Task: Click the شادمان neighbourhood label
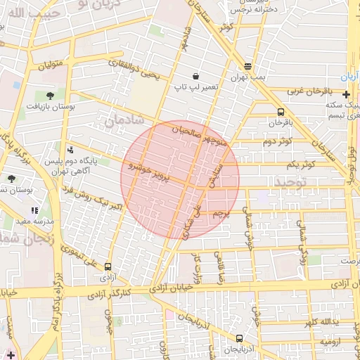coord(124,120)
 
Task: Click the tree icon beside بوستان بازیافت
coord(50,94)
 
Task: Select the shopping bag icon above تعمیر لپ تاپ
coord(195,75)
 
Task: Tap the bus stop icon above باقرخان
coord(281,112)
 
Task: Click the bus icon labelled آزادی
coord(108,266)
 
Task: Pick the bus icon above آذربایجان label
coord(239,338)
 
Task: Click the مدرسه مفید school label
coord(26,221)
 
